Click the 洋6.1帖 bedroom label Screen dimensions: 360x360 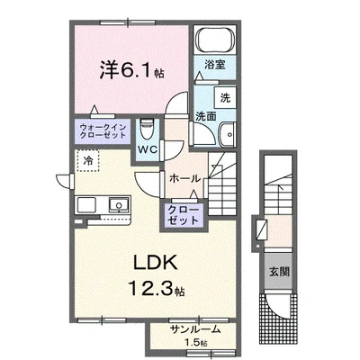click(131, 69)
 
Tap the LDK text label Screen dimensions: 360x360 click(155, 264)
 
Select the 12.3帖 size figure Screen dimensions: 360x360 click(157, 289)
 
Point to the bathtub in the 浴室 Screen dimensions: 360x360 click(215, 40)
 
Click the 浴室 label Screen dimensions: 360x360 click(215, 65)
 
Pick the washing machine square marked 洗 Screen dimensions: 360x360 click(225, 98)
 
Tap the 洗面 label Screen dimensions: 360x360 click(206, 116)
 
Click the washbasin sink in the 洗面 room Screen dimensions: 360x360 click(228, 135)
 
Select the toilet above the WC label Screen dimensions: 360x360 click(147, 130)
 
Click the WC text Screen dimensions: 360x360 click(148, 149)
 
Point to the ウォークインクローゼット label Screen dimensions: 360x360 click(103, 131)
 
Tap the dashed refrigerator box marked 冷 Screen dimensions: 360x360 click(87, 161)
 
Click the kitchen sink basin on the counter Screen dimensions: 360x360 click(119, 205)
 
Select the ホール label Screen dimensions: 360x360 click(184, 179)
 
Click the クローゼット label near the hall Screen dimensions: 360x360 click(183, 215)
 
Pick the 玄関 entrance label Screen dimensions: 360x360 click(279, 272)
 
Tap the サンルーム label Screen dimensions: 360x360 click(195, 329)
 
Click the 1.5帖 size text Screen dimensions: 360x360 click(195, 343)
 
